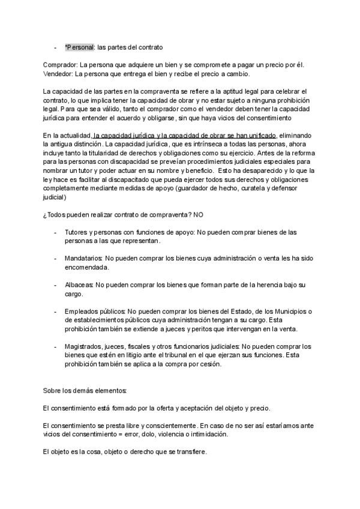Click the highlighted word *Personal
click(79, 47)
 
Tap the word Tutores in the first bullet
click(76, 232)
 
